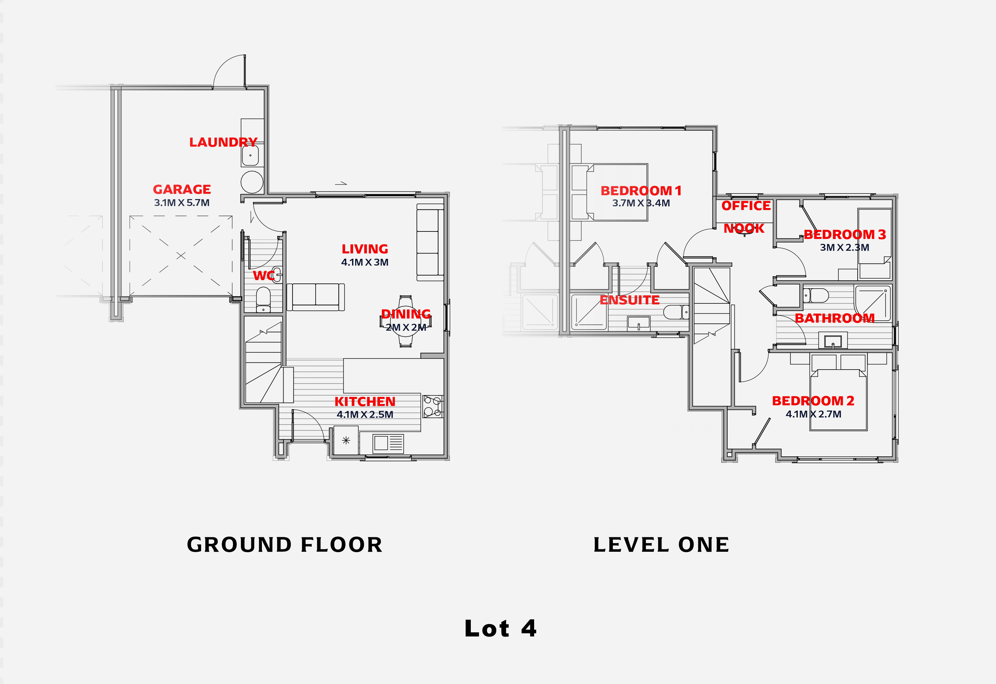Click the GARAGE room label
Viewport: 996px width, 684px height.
click(x=182, y=189)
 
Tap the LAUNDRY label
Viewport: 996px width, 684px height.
click(x=223, y=142)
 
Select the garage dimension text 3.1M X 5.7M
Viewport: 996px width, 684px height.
click(x=182, y=203)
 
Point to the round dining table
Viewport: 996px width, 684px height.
click(x=406, y=321)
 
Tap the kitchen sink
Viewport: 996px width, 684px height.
click(x=388, y=443)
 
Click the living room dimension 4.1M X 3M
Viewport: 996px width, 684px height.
click(x=365, y=262)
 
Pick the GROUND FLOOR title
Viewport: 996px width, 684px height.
click(x=285, y=545)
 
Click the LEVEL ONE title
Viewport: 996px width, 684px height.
click(x=661, y=545)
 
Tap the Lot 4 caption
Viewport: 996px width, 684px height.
click(x=500, y=629)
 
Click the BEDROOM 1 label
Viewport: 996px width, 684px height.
click(x=641, y=190)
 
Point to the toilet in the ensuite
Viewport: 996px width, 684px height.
click(x=676, y=312)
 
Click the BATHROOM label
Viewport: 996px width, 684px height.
click(x=835, y=318)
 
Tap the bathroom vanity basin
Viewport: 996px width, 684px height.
click(x=833, y=341)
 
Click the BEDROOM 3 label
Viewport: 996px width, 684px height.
click(x=845, y=234)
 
